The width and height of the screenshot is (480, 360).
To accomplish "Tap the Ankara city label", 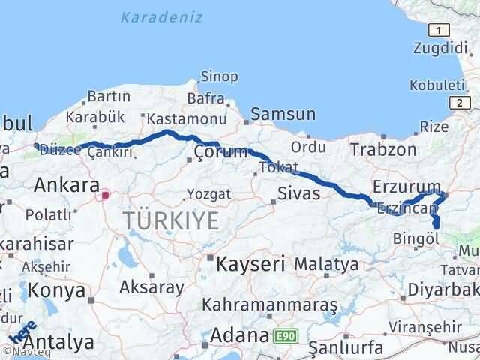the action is (67, 185).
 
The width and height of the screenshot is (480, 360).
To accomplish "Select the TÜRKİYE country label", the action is (172, 220).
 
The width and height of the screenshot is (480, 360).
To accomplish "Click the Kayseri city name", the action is (251, 264).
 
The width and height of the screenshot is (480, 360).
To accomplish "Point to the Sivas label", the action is (299, 193).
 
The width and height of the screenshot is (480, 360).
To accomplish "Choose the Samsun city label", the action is (283, 115).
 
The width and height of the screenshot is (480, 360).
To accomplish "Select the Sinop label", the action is (219, 76).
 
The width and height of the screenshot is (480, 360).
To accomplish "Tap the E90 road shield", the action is (284, 336).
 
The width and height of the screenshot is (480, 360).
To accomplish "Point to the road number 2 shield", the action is (457, 102).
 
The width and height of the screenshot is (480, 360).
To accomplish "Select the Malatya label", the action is (326, 264).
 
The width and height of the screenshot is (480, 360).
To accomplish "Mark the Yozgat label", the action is (208, 194).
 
